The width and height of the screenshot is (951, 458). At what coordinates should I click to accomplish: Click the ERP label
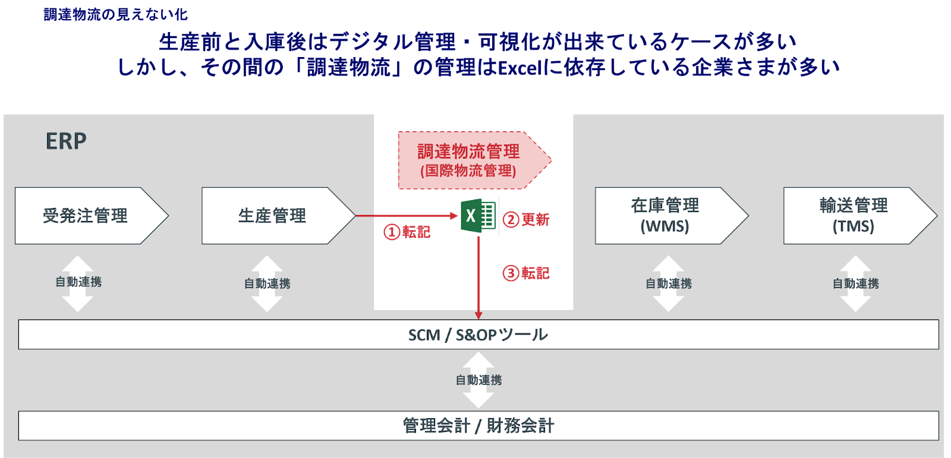(66, 141)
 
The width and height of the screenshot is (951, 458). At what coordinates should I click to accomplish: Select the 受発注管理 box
(86, 216)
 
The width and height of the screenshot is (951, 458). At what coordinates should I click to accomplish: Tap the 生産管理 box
(272, 216)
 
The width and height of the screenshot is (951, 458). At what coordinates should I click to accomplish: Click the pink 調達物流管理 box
(468, 160)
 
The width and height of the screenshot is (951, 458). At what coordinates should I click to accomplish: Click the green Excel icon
(478, 216)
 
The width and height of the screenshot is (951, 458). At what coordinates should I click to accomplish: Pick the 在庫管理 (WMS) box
(665, 216)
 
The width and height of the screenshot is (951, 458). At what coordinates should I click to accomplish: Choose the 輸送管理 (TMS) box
(854, 216)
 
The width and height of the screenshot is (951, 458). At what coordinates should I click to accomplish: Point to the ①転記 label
(407, 232)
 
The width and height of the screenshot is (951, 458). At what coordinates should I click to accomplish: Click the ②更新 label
(527, 220)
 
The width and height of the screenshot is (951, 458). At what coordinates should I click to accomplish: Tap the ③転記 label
(527, 273)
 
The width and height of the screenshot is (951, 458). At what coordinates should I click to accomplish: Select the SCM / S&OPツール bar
(478, 335)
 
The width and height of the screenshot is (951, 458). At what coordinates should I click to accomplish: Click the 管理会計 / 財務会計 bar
(478, 426)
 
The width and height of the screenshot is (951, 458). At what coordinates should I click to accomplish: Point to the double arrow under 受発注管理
(78, 283)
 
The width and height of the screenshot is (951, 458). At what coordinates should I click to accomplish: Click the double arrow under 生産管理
(267, 283)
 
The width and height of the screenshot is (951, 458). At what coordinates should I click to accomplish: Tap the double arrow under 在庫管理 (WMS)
(668, 283)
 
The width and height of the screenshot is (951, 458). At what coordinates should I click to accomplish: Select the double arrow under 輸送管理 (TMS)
(855, 283)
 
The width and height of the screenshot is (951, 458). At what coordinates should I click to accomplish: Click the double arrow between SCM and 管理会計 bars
(478, 380)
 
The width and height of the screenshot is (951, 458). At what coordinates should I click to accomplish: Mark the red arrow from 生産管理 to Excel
(404, 216)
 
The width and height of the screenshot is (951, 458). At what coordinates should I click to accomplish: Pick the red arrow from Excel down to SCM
(478, 279)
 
